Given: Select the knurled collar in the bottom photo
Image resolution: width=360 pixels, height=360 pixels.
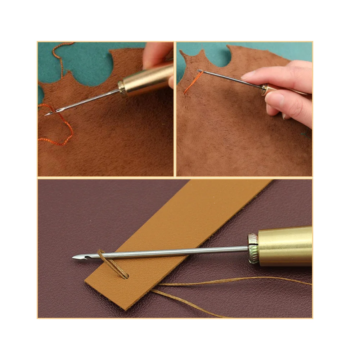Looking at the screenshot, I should click(x=253, y=248).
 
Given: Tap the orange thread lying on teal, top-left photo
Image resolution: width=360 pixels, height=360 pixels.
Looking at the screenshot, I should click(x=58, y=54).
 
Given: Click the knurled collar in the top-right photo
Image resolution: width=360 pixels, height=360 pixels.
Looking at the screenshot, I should click(x=265, y=89).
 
